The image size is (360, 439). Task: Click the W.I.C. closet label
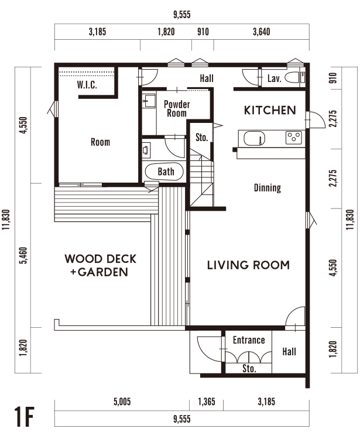87,84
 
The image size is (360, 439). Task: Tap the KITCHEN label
270,110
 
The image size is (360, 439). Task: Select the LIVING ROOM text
248,265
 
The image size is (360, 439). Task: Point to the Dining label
268,187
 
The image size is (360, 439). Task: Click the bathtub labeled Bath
164,172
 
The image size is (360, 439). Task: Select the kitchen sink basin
254,138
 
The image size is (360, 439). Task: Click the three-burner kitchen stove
294,138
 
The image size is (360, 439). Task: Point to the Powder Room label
177,109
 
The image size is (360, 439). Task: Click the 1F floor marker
24,417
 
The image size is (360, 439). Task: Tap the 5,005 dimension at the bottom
122,402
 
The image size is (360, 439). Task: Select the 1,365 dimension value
207,402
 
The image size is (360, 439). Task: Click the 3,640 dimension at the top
262,32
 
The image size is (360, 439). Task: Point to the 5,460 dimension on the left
23,255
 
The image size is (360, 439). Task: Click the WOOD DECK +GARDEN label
100,265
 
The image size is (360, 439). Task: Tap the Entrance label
249,340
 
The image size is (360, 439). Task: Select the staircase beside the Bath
201,180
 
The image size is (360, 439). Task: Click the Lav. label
274,78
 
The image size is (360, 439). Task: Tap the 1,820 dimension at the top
166,32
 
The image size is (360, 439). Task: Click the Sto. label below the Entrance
249,368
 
